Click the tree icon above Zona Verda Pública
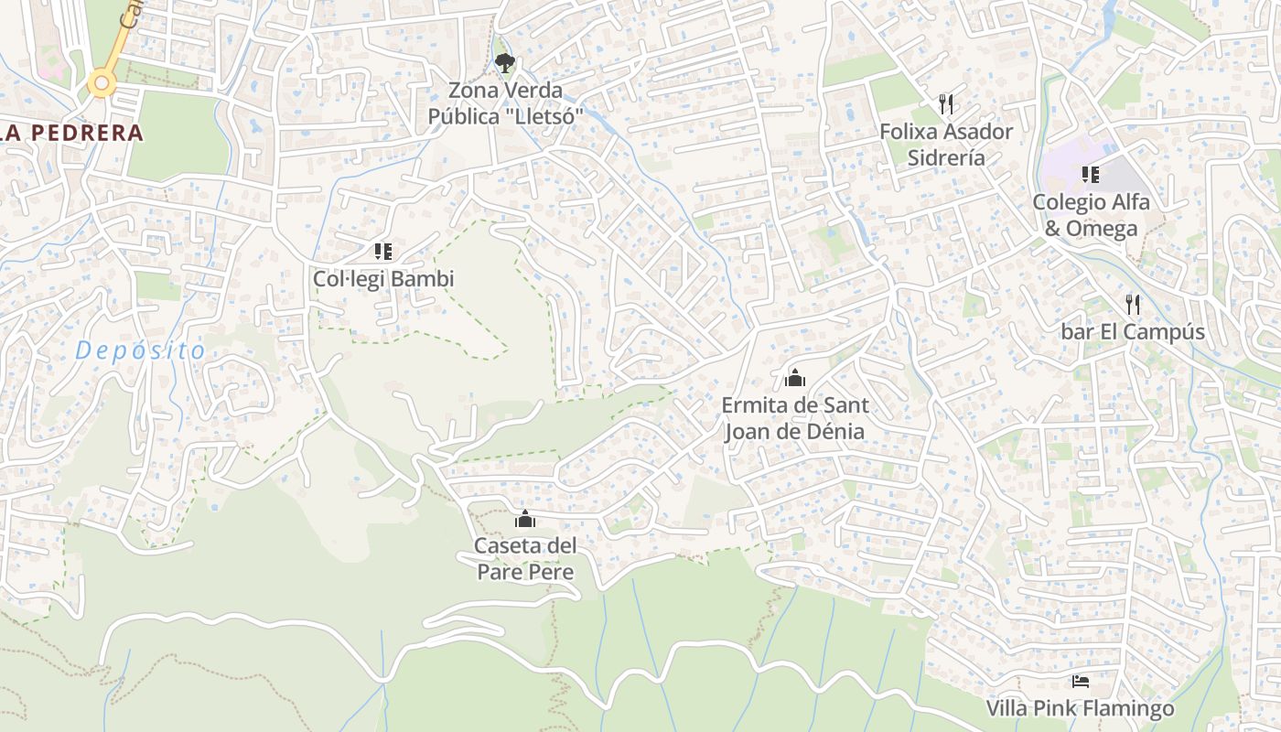pos(504,63)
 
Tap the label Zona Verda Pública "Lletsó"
pos(506,104)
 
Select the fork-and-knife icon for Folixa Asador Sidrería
pos(946,103)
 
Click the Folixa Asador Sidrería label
pos(946,145)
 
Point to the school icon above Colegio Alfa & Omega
pos(1090,174)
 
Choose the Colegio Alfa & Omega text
pos(1091,215)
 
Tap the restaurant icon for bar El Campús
pos(1133,304)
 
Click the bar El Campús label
pos(1133,332)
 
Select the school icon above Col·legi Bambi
pos(382,251)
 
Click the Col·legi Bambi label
pos(383,279)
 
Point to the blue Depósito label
pos(141,350)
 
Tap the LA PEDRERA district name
pos(73,133)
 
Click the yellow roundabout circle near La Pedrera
pos(102,85)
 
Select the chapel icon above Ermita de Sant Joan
pos(794,377)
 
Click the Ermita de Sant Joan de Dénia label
pos(794,418)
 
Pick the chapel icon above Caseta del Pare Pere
pos(525,519)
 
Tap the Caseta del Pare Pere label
pos(525,559)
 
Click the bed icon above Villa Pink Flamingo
pos(1080,682)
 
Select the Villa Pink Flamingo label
pos(1080,709)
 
